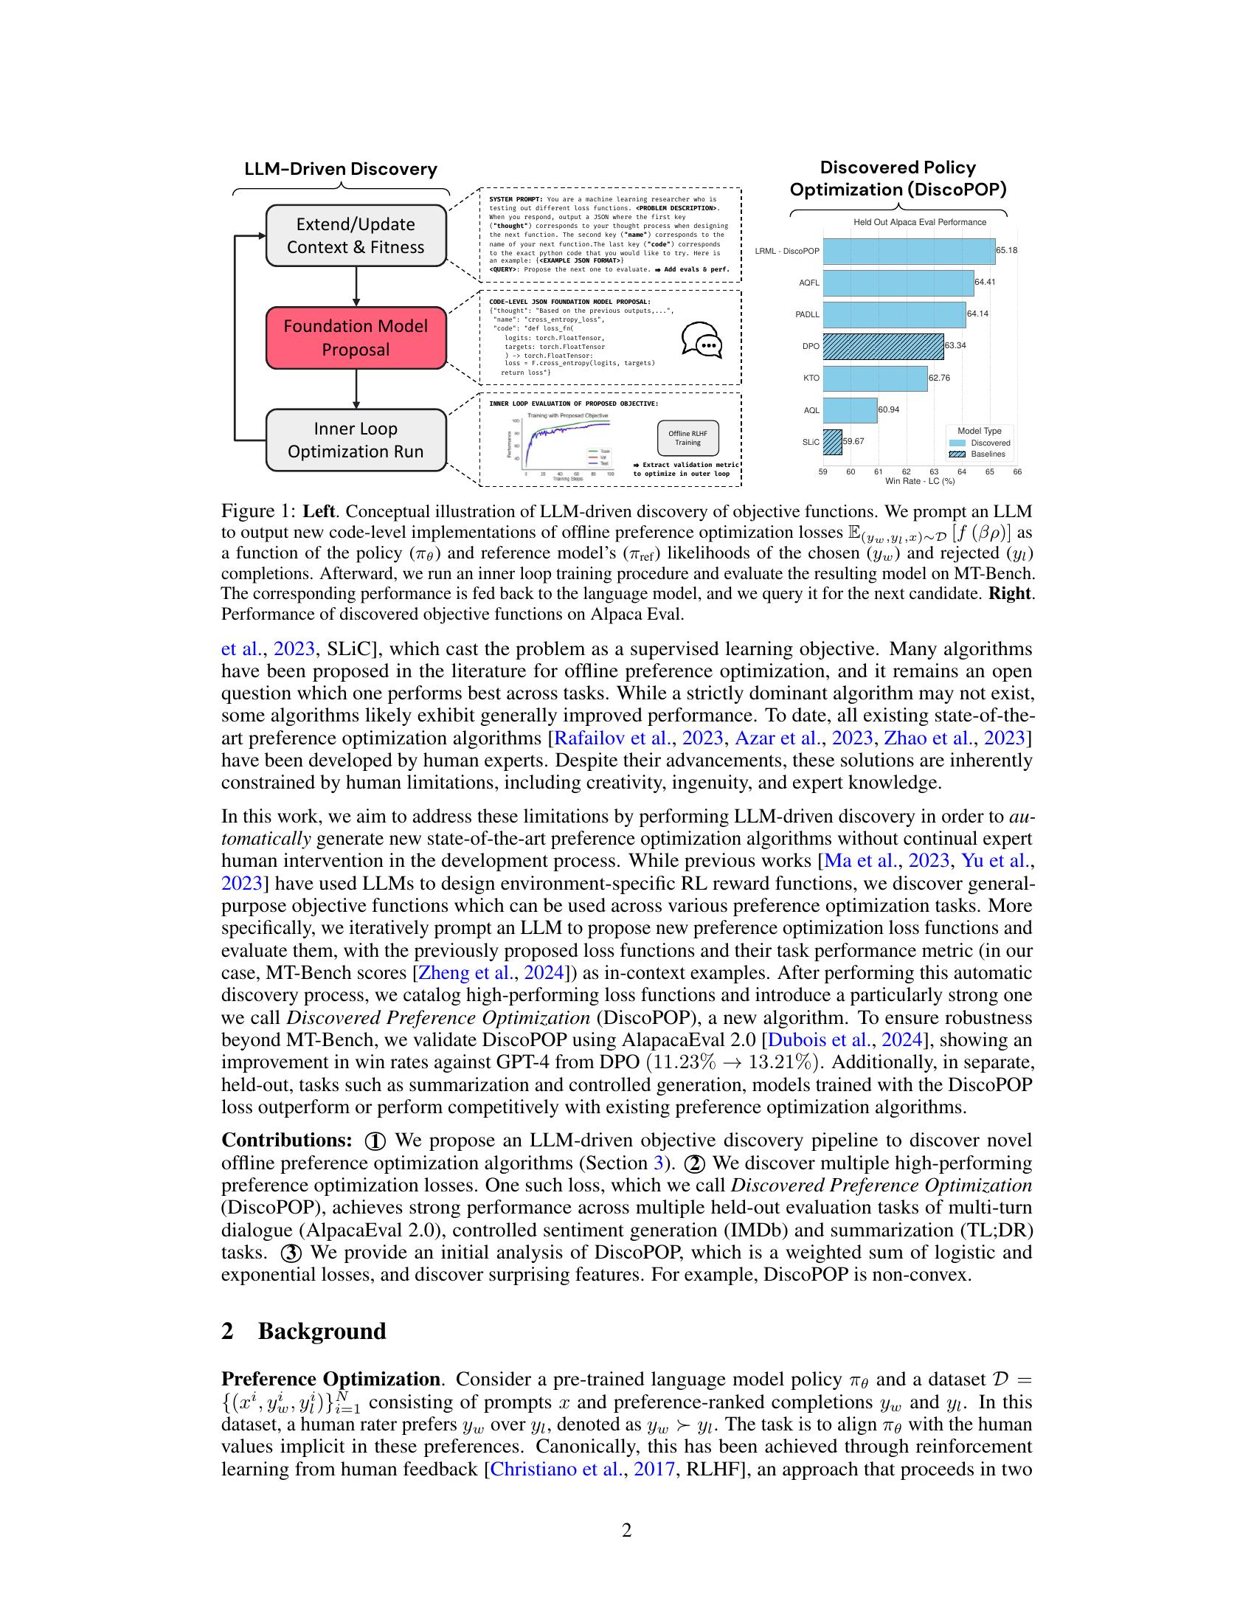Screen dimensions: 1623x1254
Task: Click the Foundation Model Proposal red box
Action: (356, 337)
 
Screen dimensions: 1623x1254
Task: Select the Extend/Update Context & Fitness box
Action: (356, 235)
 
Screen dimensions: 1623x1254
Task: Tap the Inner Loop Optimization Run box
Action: (356, 440)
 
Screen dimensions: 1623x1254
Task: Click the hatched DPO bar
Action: (882, 346)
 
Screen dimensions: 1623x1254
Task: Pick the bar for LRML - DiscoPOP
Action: (908, 251)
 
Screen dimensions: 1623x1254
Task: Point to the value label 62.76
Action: (939, 378)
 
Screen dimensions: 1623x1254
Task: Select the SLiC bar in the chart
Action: (832, 441)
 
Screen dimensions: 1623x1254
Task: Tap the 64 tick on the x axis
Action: (961, 472)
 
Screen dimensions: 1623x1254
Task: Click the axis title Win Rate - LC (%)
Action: (920, 481)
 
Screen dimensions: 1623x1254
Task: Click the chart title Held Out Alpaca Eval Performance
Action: (920, 222)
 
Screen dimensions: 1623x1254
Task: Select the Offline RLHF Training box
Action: (687, 438)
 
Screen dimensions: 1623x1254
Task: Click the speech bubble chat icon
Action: (702, 341)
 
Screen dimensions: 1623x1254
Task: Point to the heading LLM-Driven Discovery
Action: (341, 170)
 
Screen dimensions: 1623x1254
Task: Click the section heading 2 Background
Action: (304, 1331)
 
